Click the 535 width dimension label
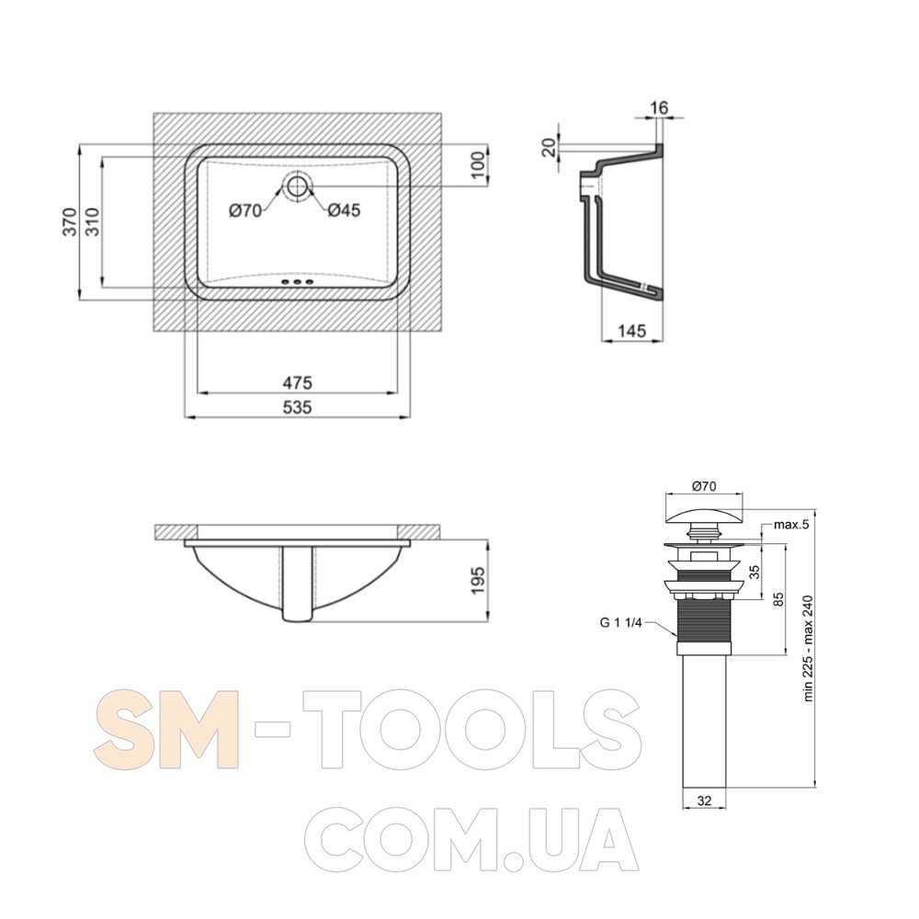point(297,407)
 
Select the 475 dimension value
point(297,382)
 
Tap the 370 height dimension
point(71,221)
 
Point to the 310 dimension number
point(93,221)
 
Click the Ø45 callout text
point(344,210)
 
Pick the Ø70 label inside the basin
point(245,210)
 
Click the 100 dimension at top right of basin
point(478,165)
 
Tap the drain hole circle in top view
point(298,187)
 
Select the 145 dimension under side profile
point(632,331)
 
